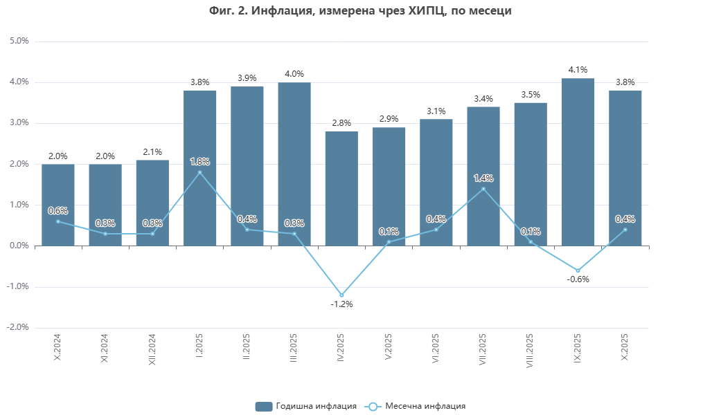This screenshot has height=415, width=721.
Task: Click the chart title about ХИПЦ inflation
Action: click(x=360, y=11)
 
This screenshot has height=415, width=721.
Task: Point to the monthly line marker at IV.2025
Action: click(x=341, y=295)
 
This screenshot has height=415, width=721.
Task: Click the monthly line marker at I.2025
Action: click(x=199, y=172)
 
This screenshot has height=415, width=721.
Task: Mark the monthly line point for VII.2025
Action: click(x=483, y=189)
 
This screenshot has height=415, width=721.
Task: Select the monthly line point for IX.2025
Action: click(x=578, y=270)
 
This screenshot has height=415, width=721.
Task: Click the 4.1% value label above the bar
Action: click(x=578, y=70)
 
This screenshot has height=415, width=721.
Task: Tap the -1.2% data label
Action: click(x=341, y=304)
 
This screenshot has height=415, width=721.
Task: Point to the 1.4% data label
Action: click(x=483, y=178)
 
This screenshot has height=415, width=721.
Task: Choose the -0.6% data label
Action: click(x=578, y=279)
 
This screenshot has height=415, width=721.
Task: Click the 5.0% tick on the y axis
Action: click(x=19, y=41)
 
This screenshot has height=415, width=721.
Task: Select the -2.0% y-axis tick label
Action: click(x=18, y=327)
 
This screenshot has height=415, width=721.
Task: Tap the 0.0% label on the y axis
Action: click(x=19, y=246)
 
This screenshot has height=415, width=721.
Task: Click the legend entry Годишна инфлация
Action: click(x=306, y=406)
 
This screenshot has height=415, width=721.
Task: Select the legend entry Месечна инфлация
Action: click(x=417, y=406)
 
